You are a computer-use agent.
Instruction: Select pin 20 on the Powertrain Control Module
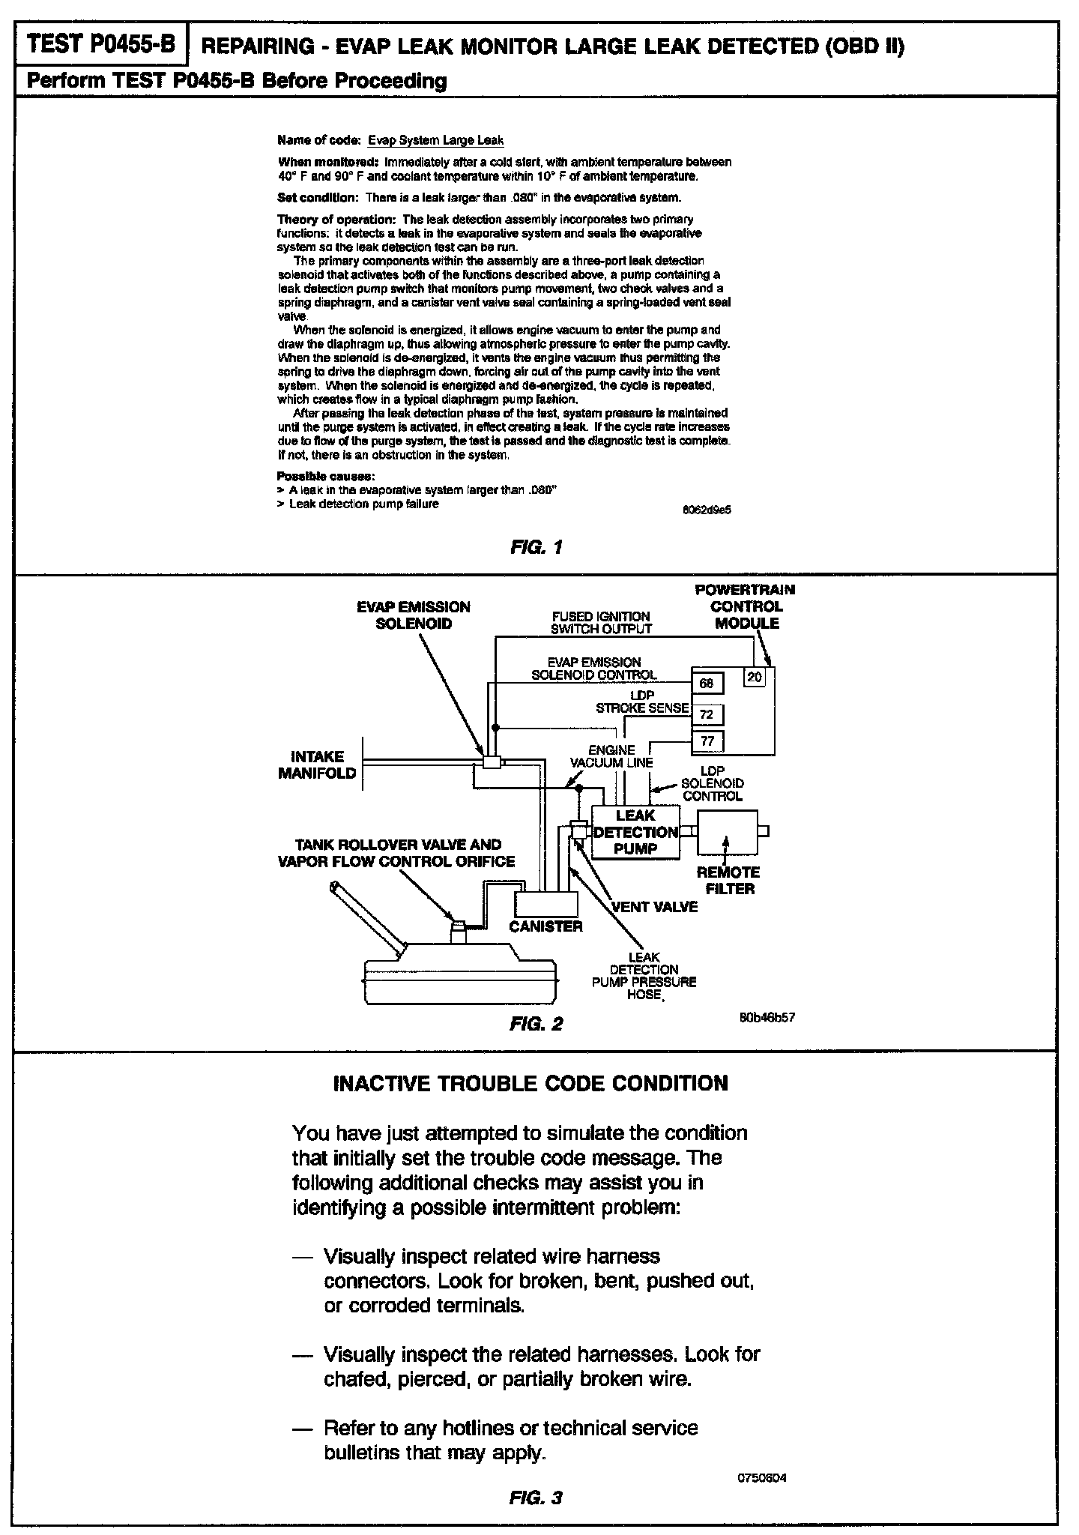pos(755,677)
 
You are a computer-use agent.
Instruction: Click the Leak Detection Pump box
pos(635,832)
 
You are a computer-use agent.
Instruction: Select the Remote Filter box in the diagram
pos(727,832)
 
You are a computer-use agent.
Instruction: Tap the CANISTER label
pos(545,926)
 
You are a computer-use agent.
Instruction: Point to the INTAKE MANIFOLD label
pos(317,765)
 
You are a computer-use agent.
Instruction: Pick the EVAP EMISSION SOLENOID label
pos(414,615)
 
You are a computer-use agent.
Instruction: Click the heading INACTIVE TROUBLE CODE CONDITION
pos(530,1084)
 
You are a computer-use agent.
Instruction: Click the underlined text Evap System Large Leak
pos(435,140)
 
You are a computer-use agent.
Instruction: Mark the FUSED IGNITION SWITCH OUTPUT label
pos(601,623)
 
